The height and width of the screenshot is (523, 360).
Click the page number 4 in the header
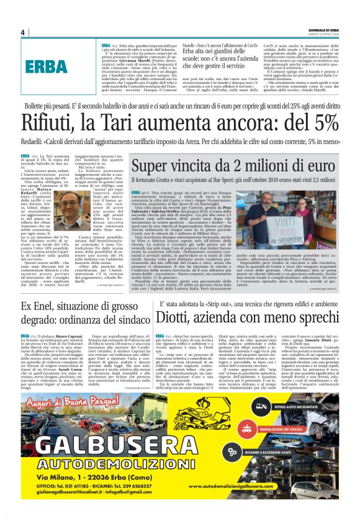pos(23,33)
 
